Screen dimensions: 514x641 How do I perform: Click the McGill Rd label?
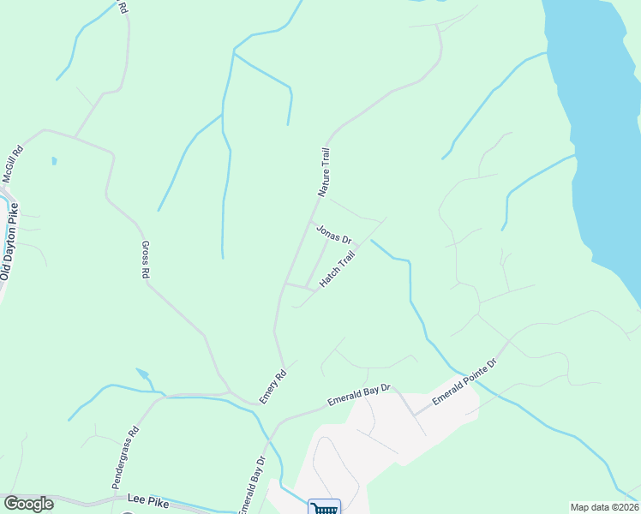click(x=12, y=164)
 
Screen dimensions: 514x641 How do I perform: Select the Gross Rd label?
click(x=145, y=259)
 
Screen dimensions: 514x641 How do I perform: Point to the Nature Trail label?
click(x=324, y=172)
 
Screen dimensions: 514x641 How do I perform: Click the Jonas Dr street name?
click(x=333, y=233)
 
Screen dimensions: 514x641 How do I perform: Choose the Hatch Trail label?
click(x=337, y=270)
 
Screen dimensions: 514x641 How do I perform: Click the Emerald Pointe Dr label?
click(x=464, y=381)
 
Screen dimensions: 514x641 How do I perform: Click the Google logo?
click(x=28, y=504)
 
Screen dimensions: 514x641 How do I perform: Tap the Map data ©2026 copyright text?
click(x=604, y=507)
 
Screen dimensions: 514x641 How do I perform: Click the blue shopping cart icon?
click(x=324, y=507)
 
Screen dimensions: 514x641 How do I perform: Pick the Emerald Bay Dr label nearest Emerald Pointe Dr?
click(x=359, y=395)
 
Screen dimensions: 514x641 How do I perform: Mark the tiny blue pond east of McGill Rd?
click(x=53, y=160)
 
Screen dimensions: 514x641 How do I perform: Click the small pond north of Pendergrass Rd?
click(x=142, y=374)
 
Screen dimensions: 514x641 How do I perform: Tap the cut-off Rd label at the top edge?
click(x=123, y=7)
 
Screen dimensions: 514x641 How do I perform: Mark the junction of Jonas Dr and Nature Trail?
click(x=311, y=221)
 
